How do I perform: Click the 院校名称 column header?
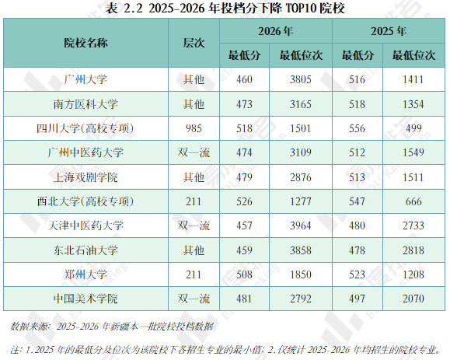click(x=85, y=43)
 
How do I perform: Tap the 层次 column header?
click(x=194, y=43)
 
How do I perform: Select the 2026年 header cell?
click(x=275, y=31)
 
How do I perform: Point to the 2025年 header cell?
click(x=389, y=31)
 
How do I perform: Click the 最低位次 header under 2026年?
click(x=301, y=55)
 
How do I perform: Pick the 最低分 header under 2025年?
click(x=358, y=55)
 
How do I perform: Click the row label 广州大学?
click(x=85, y=79)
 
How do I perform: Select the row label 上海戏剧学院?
click(x=85, y=177)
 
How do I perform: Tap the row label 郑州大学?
click(x=85, y=274)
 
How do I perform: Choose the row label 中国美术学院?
click(x=85, y=299)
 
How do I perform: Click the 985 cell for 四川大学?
click(x=194, y=128)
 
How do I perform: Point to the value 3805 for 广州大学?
click(x=301, y=79)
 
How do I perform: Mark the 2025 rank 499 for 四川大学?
click(x=413, y=128)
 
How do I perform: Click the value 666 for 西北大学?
click(x=413, y=201)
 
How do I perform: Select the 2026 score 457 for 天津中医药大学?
click(x=244, y=225)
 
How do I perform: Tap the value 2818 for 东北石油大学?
click(x=413, y=250)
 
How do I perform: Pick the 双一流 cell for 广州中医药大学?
click(x=194, y=152)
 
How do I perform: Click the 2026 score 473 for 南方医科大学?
click(x=244, y=104)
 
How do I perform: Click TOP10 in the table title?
click(x=301, y=8)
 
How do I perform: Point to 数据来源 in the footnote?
click(x=29, y=327)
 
